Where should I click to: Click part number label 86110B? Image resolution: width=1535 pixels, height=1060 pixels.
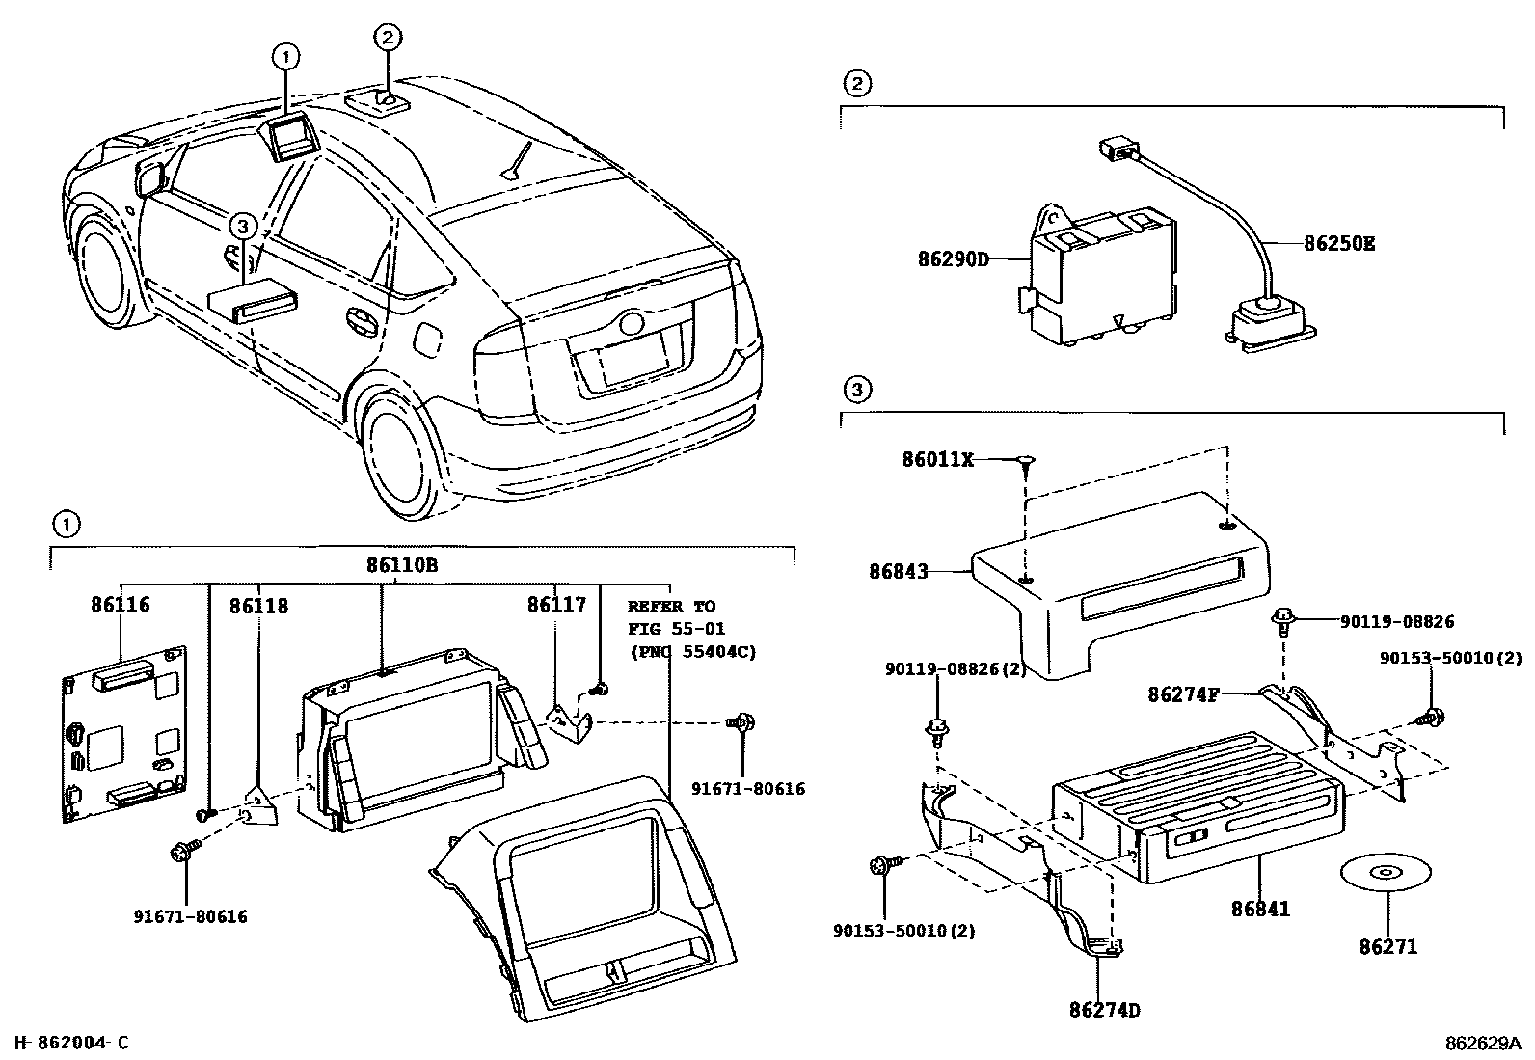pyautogui.click(x=401, y=565)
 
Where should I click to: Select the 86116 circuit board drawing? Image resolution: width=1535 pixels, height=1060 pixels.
pyautogui.click(x=123, y=733)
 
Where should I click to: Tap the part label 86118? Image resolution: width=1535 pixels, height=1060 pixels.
pyautogui.click(x=257, y=606)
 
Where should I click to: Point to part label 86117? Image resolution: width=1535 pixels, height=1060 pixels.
pyautogui.click(x=556, y=605)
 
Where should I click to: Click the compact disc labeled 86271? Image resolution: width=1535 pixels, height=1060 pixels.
pyautogui.click(x=1386, y=874)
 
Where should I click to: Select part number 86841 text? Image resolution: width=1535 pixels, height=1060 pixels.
pyautogui.click(x=1259, y=908)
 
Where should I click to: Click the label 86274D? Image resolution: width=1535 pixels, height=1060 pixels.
pyautogui.click(x=1104, y=1010)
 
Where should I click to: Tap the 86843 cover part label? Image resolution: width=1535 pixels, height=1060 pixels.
pyautogui.click(x=898, y=571)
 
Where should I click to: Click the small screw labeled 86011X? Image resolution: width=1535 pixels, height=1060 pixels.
pyautogui.click(x=1025, y=461)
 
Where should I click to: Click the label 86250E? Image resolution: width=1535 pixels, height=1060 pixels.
pyautogui.click(x=1339, y=243)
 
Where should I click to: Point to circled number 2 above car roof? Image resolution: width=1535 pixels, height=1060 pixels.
pyautogui.click(x=386, y=37)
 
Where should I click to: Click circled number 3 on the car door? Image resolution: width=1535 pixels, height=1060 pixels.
pyautogui.click(x=242, y=228)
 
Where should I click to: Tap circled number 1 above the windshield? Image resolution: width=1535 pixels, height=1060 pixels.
pyautogui.click(x=284, y=57)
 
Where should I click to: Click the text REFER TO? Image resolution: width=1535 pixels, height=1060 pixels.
pyautogui.click(x=671, y=606)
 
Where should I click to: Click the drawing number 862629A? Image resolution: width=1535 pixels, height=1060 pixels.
pyautogui.click(x=1481, y=1043)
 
